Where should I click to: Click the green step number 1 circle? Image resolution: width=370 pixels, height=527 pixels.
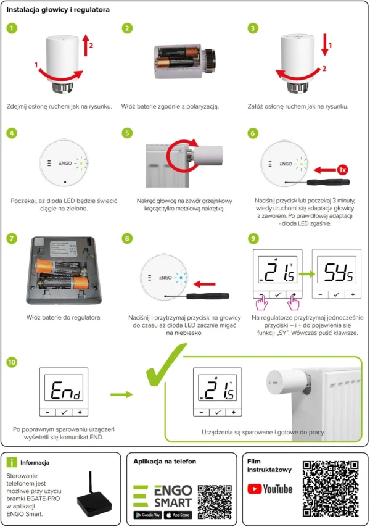(x=12, y=28)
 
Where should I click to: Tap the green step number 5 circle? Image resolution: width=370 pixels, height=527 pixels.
(x=128, y=133)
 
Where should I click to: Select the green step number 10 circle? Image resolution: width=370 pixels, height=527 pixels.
(x=12, y=362)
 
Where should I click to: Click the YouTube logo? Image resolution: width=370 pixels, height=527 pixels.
(x=270, y=489)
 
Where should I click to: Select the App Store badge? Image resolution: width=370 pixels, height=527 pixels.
(x=178, y=515)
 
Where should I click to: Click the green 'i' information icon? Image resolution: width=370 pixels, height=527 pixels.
(x=12, y=462)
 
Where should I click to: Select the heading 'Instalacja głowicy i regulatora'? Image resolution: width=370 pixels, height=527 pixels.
(x=59, y=10)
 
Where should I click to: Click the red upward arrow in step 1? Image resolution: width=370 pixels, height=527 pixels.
(x=86, y=45)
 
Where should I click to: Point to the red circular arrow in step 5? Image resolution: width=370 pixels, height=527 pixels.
(x=183, y=152)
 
